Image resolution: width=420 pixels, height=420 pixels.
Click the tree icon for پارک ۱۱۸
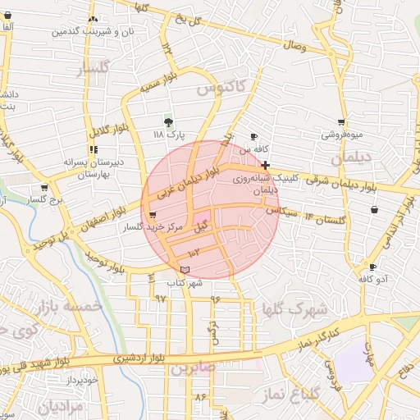tap(169, 121)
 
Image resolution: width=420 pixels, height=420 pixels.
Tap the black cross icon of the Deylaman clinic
tap(265, 165)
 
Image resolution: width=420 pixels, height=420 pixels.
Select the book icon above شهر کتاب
tap(185, 270)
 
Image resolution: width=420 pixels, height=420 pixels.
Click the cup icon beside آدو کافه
tap(373, 267)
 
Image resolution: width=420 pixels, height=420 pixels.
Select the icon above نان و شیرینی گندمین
tap(93, 19)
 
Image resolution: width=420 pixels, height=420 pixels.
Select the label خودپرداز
tap(82, 380)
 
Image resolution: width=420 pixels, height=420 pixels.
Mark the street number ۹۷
tap(161, 297)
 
